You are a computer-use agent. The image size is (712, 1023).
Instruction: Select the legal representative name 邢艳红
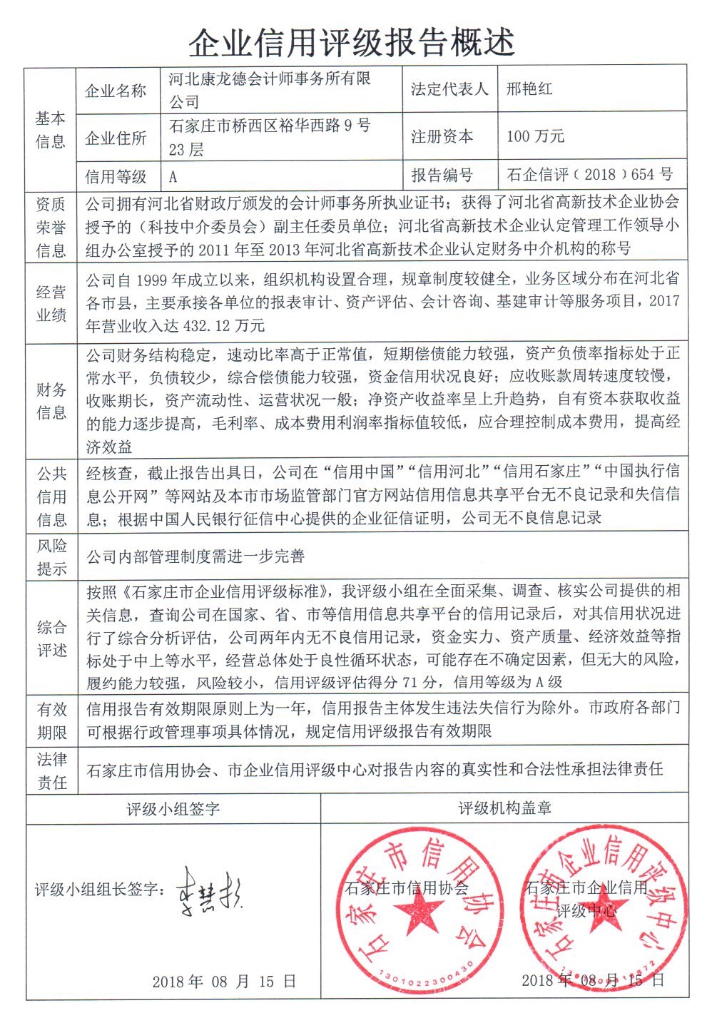[529, 89]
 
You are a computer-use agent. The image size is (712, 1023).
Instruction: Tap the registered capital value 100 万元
[535, 136]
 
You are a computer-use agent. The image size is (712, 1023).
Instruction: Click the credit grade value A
[173, 175]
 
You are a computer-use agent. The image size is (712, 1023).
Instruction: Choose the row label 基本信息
[50, 129]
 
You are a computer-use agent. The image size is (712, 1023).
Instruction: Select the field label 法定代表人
[449, 89]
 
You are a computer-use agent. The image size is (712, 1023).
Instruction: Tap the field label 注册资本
[442, 136]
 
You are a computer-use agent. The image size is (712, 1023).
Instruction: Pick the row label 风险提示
[51, 557]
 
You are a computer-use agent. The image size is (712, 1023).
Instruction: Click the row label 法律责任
[51, 770]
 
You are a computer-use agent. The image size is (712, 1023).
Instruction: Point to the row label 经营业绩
[51, 302]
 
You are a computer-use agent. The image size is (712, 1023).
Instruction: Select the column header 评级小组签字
[173, 808]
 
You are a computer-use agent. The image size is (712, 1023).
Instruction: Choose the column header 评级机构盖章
[504, 808]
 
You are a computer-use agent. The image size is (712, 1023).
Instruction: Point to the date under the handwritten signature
[224, 982]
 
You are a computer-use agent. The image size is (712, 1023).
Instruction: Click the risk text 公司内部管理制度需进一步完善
[195, 556]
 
